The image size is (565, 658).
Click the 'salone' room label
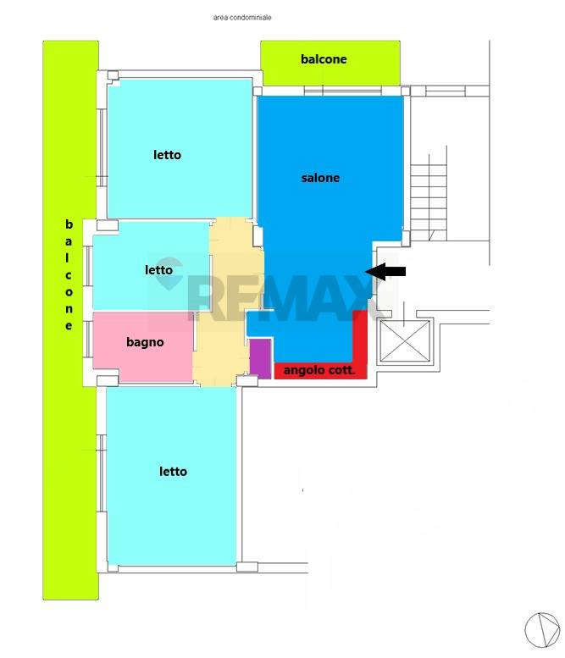[320, 178]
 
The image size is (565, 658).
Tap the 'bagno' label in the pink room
[145, 342]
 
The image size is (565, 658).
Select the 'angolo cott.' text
[319, 370]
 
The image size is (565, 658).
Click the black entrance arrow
[385, 272]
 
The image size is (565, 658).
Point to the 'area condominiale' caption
[242, 18]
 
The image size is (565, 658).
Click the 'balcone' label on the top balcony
[324, 59]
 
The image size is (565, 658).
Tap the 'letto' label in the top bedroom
[167, 155]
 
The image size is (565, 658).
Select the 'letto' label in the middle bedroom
[158, 270]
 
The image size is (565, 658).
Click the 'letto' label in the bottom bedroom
[173, 471]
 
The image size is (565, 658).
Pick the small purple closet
[260, 359]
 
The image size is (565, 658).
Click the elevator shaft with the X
[405, 340]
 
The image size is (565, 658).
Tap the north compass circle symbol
[542, 629]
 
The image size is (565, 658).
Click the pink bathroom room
[142, 347]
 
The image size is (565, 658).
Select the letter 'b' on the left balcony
[69, 224]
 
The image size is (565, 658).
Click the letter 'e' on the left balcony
[69, 326]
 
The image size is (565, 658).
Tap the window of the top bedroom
[102, 147]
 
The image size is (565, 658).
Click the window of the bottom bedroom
[102, 473]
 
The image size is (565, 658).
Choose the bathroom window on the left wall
[89, 339]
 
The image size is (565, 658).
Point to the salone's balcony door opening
[343, 91]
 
